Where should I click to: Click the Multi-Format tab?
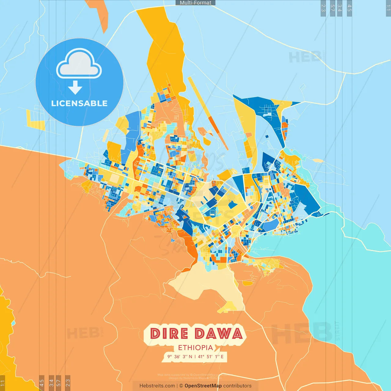coord(195,3)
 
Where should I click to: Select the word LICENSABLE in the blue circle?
coord(79,104)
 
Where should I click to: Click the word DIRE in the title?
coord(169,334)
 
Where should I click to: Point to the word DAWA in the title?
coord(219,334)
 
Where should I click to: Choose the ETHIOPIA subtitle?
coord(195,348)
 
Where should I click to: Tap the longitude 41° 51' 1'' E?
coord(211,356)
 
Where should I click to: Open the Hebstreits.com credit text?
coord(157,386)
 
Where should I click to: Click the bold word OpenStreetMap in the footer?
coord(203,386)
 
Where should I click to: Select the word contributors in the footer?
coord(237,386)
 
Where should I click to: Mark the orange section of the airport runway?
coord(214,125)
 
